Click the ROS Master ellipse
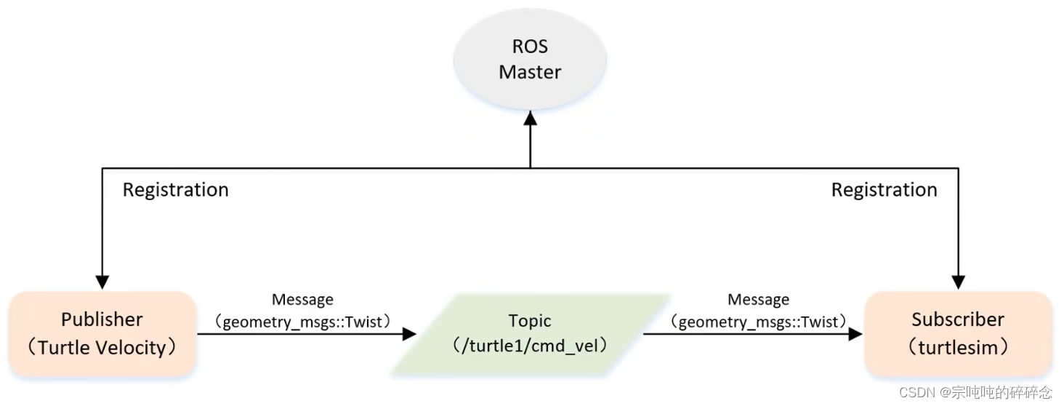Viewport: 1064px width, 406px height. click(x=530, y=60)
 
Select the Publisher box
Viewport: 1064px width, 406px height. click(x=102, y=333)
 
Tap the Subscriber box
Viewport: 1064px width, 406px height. click(x=958, y=333)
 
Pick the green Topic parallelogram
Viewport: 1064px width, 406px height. click(x=529, y=334)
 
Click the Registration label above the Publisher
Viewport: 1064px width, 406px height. click(x=175, y=190)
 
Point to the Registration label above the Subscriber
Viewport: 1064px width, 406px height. click(x=884, y=190)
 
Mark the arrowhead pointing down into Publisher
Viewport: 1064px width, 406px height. click(x=102, y=282)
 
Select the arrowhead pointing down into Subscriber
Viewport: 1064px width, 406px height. click(x=959, y=282)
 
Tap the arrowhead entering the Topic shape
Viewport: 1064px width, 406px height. click(x=408, y=334)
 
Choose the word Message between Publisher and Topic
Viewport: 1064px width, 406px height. click(x=302, y=299)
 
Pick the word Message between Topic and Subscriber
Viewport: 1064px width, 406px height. click(x=758, y=299)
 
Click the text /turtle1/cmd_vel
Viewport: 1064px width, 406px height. click(x=529, y=347)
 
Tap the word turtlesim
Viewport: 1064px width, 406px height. click(x=958, y=348)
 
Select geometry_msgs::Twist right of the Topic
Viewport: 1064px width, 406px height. click(x=758, y=321)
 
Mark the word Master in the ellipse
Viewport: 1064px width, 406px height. click(x=530, y=72)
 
